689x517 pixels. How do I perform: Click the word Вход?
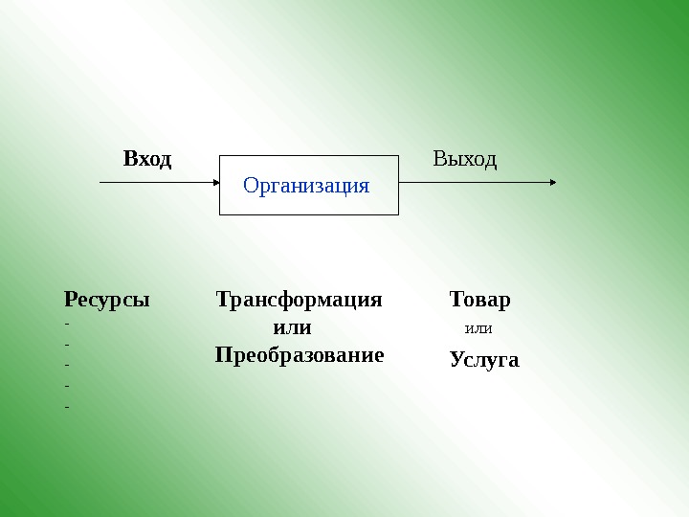147,158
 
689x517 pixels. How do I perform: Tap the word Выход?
465,158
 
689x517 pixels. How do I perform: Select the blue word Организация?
306,185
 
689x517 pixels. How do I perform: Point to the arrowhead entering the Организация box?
215,181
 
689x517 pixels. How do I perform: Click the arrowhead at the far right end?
551,181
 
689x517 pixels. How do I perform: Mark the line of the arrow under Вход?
153,181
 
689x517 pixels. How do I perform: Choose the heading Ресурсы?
106,300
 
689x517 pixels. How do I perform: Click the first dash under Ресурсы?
67,323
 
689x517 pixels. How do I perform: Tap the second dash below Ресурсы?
67,343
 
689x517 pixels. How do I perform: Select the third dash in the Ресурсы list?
67,364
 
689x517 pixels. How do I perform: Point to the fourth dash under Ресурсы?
67,385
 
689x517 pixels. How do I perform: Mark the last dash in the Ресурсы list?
67,406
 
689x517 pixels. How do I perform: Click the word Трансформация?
299,300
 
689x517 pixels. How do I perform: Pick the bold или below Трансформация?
293,327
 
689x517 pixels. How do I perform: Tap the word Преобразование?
300,355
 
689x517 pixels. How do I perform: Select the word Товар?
480,300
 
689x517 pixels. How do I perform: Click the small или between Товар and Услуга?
478,329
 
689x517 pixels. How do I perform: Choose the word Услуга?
484,360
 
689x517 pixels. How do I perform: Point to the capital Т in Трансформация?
224,300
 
